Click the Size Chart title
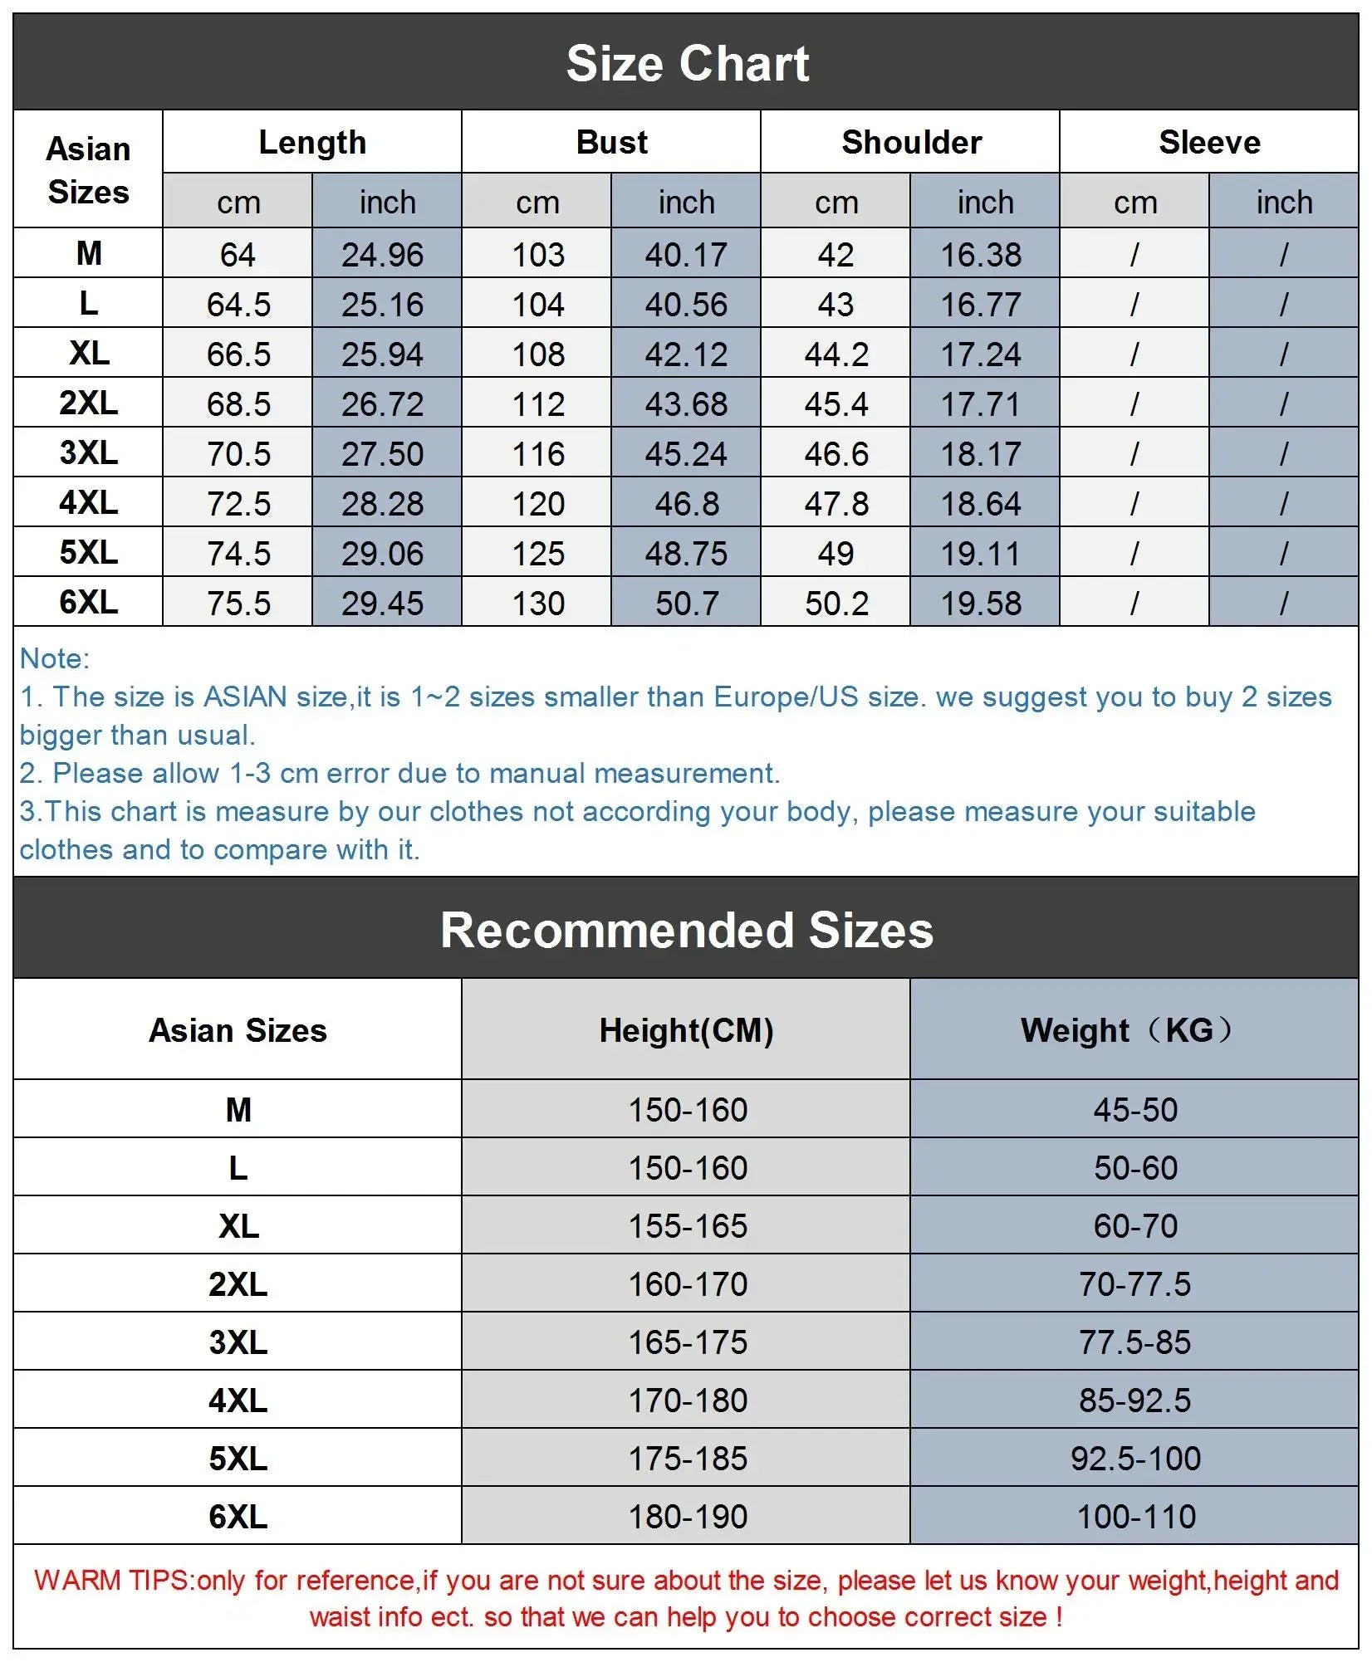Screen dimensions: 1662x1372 [x=687, y=64]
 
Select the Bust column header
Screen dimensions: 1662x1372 [x=611, y=142]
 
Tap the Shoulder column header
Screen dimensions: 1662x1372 [x=911, y=142]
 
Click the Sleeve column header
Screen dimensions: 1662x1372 [x=1209, y=142]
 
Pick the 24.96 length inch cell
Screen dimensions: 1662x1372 [x=382, y=255]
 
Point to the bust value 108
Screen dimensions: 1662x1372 [x=538, y=354]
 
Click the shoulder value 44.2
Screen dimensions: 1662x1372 [x=836, y=354]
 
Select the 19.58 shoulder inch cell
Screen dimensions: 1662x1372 [x=980, y=604]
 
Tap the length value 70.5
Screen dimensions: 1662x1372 [x=238, y=454]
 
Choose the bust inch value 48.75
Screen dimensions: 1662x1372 [x=686, y=554]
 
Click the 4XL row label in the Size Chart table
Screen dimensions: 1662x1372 [x=88, y=502]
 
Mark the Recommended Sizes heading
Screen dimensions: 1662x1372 [x=687, y=930]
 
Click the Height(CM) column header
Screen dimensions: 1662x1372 [x=686, y=1030]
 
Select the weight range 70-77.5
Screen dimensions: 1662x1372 [x=1134, y=1284]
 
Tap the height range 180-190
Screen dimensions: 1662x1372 [x=688, y=1517]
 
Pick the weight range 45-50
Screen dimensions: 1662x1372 [x=1135, y=1110]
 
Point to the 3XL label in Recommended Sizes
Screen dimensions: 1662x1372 [x=238, y=1342]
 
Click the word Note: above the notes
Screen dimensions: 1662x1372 [x=55, y=658]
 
